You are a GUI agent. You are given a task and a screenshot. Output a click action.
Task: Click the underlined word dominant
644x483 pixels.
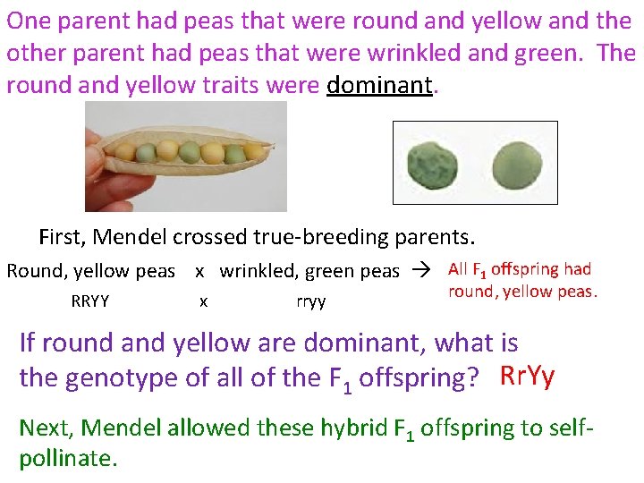(x=379, y=85)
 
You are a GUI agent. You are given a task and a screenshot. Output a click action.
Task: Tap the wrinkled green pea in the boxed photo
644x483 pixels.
(x=433, y=166)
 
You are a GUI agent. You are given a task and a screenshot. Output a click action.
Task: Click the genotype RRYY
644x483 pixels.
(x=90, y=301)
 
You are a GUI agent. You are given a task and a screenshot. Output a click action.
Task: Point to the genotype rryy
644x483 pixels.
(x=310, y=301)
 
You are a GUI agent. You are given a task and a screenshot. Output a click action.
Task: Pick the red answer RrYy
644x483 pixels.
(x=528, y=377)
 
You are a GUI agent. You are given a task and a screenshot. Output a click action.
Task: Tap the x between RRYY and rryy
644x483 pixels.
(x=203, y=301)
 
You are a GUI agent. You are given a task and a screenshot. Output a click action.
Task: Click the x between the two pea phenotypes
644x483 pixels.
(x=199, y=271)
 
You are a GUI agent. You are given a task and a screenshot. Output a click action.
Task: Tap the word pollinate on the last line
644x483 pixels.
(x=67, y=459)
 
